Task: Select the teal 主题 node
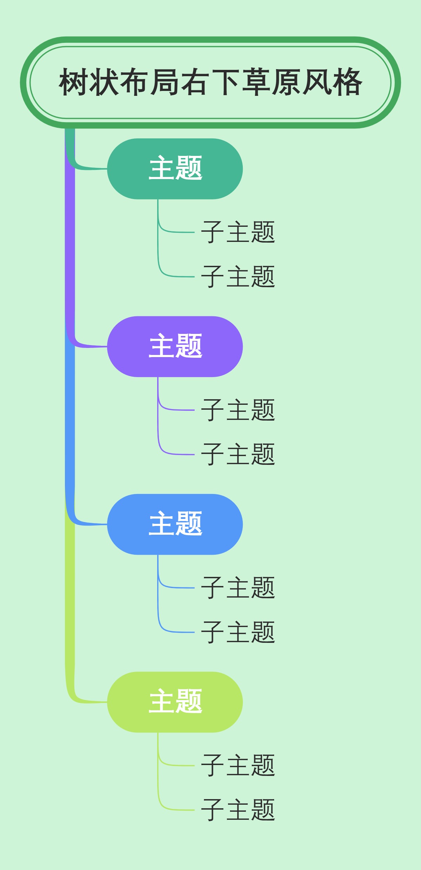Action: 175,169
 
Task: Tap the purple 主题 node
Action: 175,347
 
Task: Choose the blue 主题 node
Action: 175,524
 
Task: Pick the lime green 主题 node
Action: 175,702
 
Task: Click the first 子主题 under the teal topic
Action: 238,232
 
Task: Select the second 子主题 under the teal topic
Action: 238,277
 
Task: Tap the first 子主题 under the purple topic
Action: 238,410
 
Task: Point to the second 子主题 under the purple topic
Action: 238,454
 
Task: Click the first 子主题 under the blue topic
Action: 238,588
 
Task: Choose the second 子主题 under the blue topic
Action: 238,632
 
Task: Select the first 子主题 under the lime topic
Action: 238,765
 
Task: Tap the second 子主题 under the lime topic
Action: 238,810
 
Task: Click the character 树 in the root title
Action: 74,83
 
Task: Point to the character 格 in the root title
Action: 347,83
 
